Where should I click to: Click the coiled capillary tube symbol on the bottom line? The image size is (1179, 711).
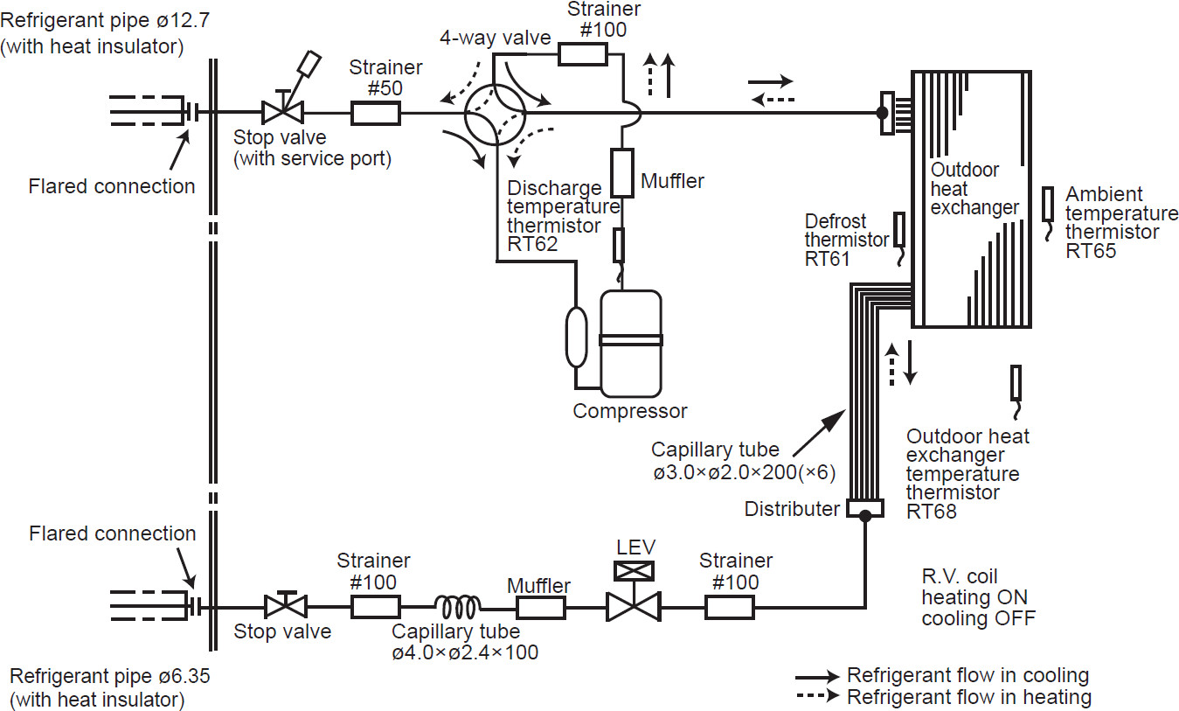tap(458, 607)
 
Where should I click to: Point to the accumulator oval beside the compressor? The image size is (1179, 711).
tap(576, 337)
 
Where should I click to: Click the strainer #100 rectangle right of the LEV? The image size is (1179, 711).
tap(730, 607)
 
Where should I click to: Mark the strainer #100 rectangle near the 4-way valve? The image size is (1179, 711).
tap(583, 54)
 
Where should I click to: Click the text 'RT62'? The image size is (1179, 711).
tap(532, 244)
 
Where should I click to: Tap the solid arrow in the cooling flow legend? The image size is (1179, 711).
tap(817, 677)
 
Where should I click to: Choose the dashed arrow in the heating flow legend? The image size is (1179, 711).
tap(817, 696)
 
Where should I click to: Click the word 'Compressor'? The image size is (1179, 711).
tap(630, 411)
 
